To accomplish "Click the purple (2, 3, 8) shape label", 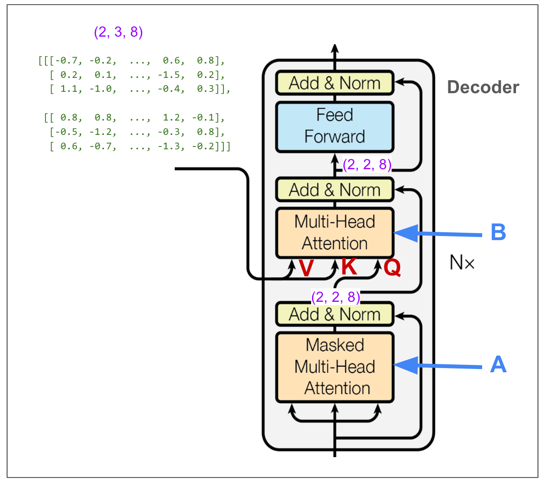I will click(118, 32).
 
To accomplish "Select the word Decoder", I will click(483, 87).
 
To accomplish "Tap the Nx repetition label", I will click(462, 263).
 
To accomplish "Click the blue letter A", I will click(498, 364).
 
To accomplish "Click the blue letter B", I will click(498, 232).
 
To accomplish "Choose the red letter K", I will click(349, 267).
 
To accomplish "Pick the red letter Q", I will click(392, 267).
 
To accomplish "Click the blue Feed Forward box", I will click(334, 127).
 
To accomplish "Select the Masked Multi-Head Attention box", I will click(334, 367).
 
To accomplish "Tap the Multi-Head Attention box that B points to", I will click(334, 233).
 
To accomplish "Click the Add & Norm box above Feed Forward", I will click(334, 83).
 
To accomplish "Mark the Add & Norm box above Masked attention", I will click(334, 314).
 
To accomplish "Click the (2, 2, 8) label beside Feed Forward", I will click(367, 165).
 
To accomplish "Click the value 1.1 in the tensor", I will click(69, 89).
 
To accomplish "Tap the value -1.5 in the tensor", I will click(171, 75).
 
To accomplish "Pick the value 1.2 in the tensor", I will click(171, 118).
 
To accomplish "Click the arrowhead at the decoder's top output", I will click(335, 48).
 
